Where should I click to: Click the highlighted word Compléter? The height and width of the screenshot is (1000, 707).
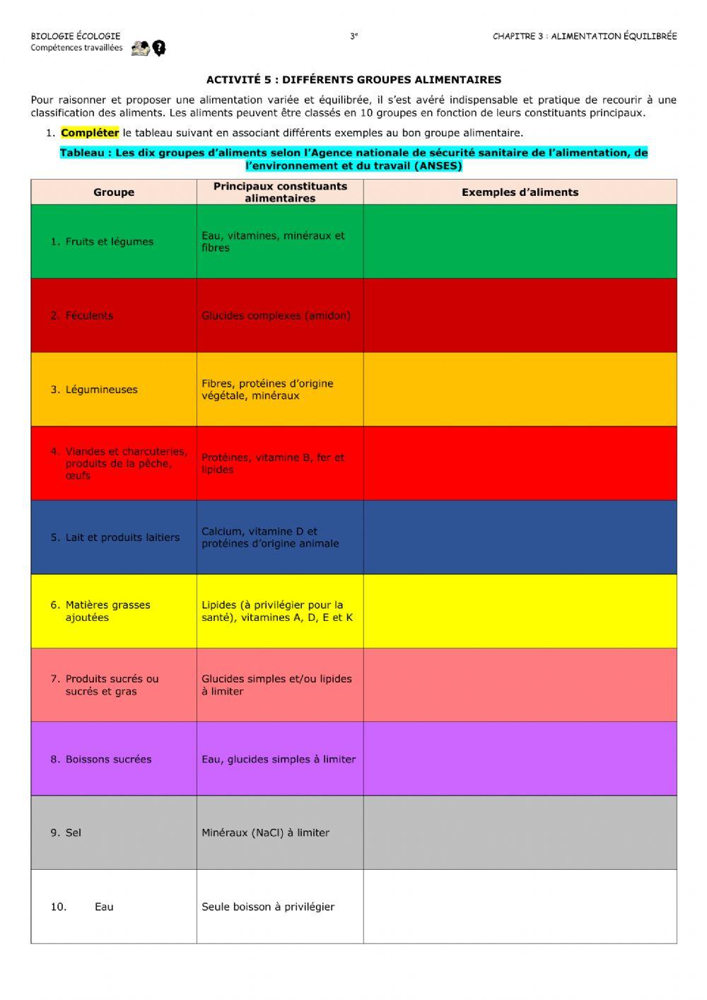[90, 133]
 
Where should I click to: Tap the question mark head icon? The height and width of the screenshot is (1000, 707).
[159, 48]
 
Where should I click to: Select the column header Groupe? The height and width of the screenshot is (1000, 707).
[114, 192]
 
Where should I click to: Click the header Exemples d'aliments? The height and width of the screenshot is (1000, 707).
[520, 192]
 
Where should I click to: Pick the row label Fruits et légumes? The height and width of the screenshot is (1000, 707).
[109, 242]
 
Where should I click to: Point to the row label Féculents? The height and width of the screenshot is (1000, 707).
[89, 315]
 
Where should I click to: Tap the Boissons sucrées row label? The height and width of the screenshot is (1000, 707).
[108, 760]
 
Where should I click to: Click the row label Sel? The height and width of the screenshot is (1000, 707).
[73, 833]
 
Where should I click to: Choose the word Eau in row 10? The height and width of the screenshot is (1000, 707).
[104, 907]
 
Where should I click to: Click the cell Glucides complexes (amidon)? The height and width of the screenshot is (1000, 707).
[276, 315]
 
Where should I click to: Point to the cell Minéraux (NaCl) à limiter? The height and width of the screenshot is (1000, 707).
[265, 833]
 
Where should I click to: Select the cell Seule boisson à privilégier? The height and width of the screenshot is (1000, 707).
[268, 907]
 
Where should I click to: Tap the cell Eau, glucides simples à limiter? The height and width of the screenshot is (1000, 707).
[279, 760]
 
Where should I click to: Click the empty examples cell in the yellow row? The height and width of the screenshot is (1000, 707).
[520, 611]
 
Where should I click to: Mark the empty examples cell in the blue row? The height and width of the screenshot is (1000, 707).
[520, 537]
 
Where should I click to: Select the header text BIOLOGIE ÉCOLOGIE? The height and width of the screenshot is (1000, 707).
[76, 36]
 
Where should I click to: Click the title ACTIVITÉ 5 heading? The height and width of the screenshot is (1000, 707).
[353, 80]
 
